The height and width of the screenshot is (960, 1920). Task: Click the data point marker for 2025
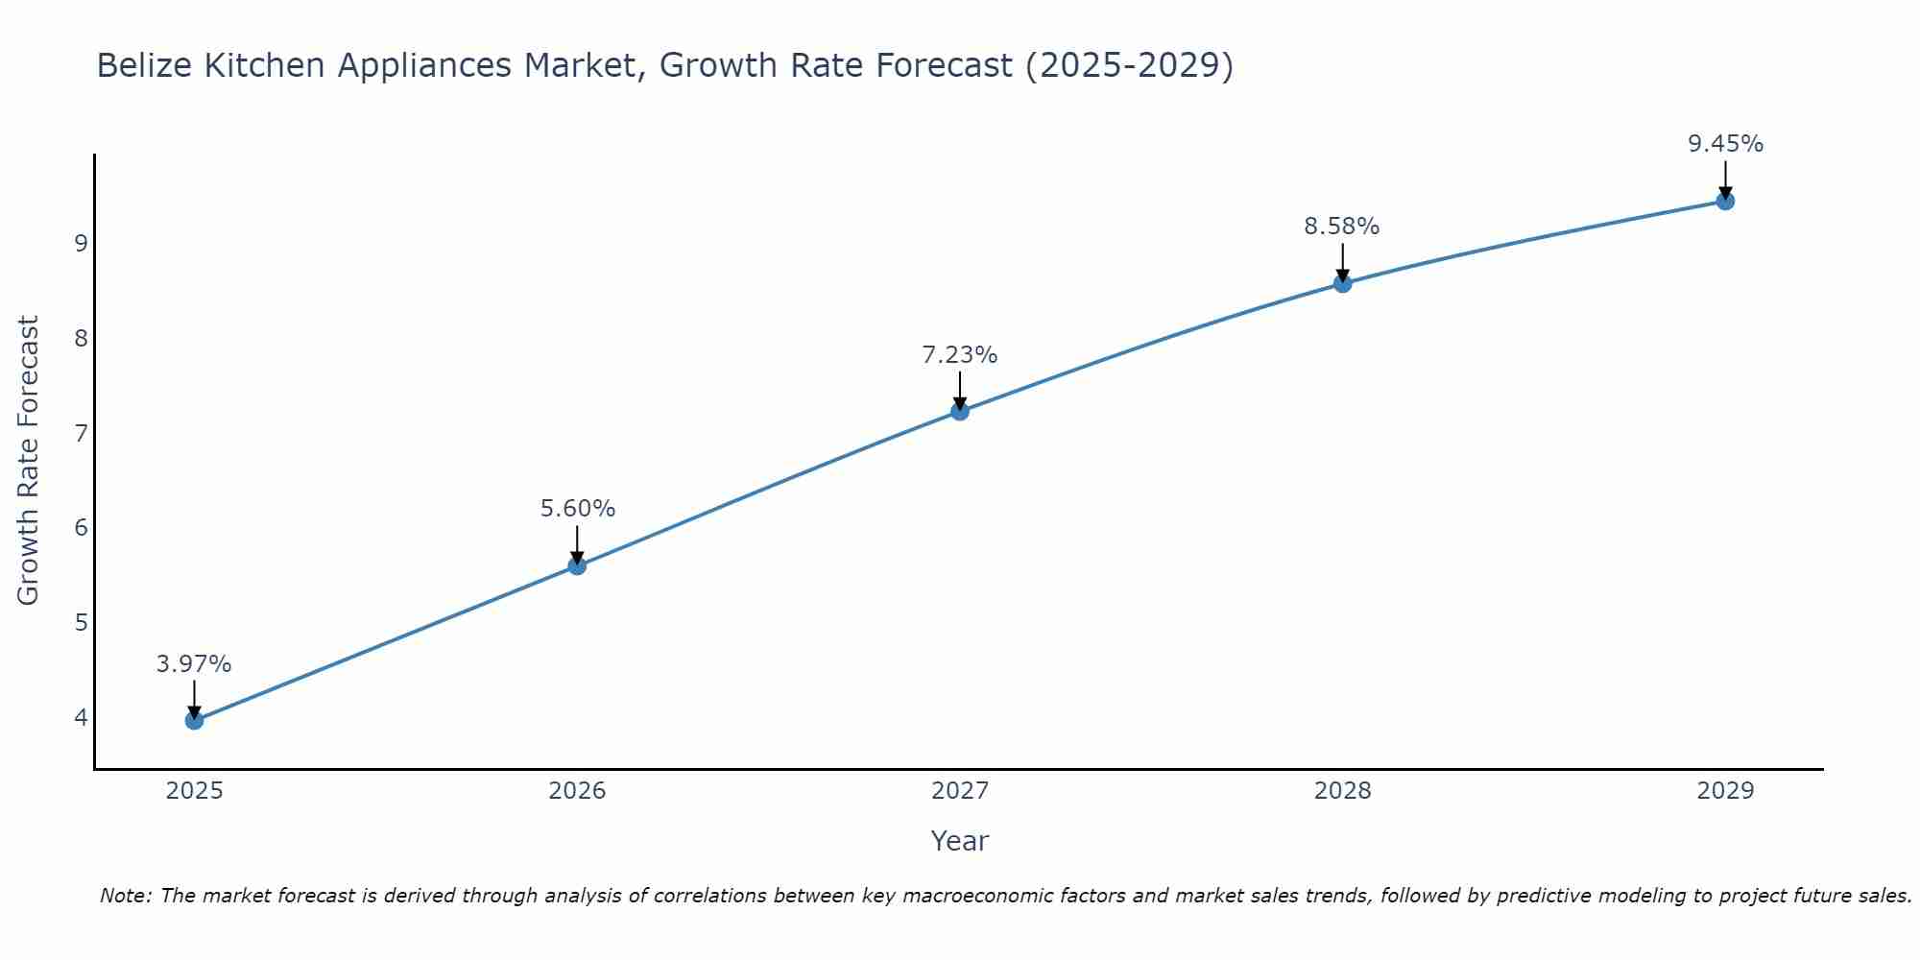coord(194,720)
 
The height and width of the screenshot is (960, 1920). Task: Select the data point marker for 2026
coord(577,565)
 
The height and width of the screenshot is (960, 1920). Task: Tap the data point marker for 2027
coord(959,412)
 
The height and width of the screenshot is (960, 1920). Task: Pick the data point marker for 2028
coord(1342,283)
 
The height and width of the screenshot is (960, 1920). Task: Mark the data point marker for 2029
coord(1725,201)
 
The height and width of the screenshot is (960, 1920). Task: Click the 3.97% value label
coord(194,664)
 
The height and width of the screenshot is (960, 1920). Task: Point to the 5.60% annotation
coord(577,509)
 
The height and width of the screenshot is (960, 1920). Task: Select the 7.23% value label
coord(959,355)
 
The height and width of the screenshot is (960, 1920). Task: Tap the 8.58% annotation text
coord(1341,227)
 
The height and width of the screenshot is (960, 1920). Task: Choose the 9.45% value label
coord(1725,144)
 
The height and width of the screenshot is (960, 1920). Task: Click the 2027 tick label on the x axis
coord(959,791)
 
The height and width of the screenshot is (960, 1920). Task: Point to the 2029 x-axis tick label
coord(1725,791)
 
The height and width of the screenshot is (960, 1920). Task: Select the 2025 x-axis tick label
coord(194,791)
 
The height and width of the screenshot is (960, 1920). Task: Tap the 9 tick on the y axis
coord(81,243)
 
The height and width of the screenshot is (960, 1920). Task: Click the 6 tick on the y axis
coord(81,527)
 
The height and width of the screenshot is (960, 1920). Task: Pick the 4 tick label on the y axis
coord(81,717)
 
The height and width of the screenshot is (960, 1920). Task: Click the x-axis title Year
coord(959,841)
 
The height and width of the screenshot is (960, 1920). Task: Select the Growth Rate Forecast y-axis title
coord(29,461)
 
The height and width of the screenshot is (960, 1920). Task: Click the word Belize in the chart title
coord(141,65)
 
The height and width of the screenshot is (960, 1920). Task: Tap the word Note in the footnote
coord(125,896)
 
